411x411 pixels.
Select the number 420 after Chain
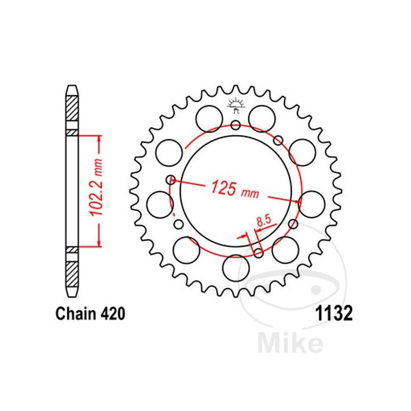tap(113, 313)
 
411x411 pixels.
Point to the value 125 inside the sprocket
tap(224, 188)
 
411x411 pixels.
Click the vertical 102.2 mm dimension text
tap(96, 188)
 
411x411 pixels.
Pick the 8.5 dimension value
tap(264, 221)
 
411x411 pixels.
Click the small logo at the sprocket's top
tap(236, 105)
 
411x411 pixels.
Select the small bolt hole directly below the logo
tap(236, 125)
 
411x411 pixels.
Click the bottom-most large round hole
tap(236, 268)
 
